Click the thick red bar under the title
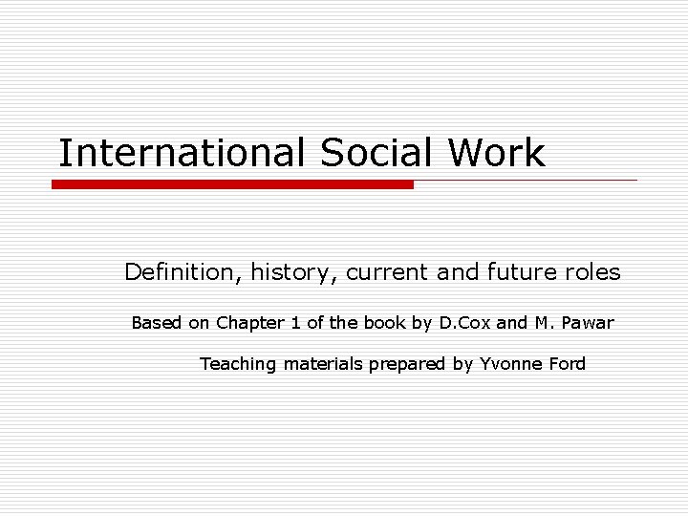[232, 184]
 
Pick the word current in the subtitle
[387, 272]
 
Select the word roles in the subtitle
[591, 272]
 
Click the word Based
[157, 323]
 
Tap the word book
[385, 323]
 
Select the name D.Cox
[463, 323]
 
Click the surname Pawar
[588, 323]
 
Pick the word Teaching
[238, 364]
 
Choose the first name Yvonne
[508, 364]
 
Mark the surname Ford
[567, 364]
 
